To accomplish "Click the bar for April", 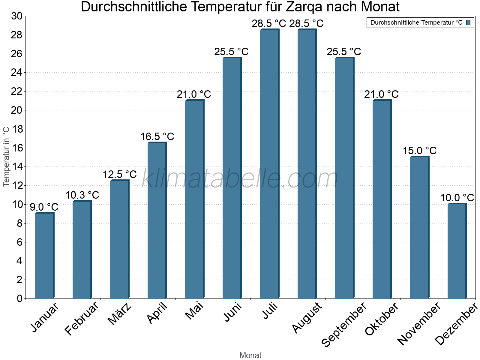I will [x=157, y=220].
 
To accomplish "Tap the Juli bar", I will [x=269, y=164].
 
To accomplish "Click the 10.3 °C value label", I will [x=82, y=195].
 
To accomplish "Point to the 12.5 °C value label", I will [x=120, y=174].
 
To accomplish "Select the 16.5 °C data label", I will [x=157, y=137].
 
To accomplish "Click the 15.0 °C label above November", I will [x=419, y=151].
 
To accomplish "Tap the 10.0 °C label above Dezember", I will [x=457, y=198].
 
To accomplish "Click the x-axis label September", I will [x=344, y=324].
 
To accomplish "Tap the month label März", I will [x=119, y=314].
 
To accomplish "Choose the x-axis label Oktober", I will [x=382, y=319].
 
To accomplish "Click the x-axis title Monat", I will [x=250, y=355].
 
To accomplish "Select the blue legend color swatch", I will [x=468, y=22].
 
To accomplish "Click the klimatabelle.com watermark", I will [x=240, y=179].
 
